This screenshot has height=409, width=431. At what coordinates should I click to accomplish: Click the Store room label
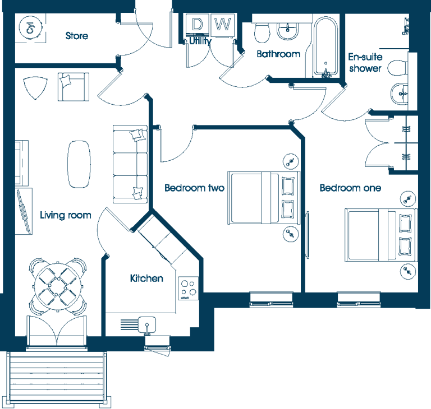77,36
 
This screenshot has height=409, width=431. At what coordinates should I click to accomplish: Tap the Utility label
200,41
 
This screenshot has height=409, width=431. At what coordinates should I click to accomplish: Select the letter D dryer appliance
198,25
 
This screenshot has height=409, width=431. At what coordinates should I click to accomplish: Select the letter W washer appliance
223,25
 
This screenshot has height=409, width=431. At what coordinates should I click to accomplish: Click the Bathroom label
278,54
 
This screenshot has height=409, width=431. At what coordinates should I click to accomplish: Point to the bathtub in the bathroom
325,47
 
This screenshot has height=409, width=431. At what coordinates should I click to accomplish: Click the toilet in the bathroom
262,32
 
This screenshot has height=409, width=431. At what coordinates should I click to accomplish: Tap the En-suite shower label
365,63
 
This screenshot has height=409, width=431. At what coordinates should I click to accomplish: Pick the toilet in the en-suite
397,68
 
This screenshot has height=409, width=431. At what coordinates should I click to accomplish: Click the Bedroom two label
194,188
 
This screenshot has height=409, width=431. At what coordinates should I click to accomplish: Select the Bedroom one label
350,188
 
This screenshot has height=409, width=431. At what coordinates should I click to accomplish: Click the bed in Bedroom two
264,198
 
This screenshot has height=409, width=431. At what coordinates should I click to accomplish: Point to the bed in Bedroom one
381,235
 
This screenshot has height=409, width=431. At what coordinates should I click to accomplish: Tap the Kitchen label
146,278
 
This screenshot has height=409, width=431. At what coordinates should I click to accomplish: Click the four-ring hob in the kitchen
189,288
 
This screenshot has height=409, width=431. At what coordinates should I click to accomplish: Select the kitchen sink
147,325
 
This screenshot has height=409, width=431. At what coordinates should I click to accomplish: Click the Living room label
66,215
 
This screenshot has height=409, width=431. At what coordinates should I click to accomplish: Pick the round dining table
58,287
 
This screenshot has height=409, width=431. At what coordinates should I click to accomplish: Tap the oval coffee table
79,164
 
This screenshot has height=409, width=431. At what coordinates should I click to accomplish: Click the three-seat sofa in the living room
130,164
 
